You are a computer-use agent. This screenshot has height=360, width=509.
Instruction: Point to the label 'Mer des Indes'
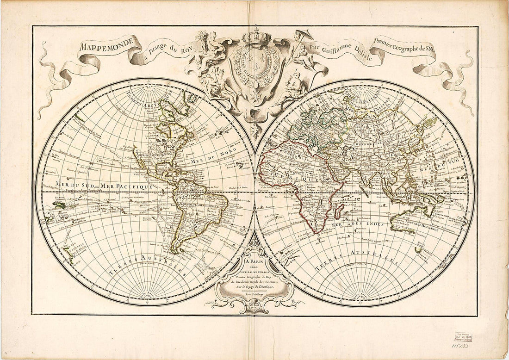360,225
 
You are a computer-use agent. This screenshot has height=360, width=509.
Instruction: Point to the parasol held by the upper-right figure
306,35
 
